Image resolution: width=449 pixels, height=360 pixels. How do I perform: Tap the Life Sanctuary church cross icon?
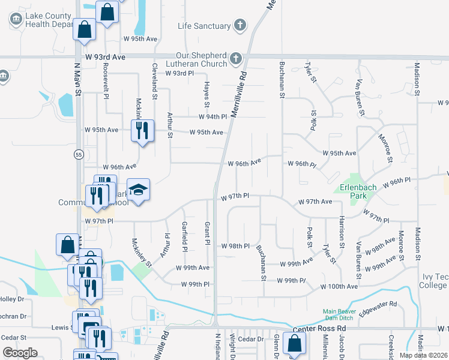240,26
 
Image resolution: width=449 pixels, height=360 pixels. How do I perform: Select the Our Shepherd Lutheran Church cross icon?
236,59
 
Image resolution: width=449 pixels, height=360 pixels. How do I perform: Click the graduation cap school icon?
138,190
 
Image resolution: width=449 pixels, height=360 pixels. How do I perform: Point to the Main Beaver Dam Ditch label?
339,314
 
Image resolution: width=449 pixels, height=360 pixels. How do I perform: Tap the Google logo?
20,353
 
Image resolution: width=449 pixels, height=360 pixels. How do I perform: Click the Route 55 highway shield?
79,155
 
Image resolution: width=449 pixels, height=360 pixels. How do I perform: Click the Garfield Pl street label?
184,236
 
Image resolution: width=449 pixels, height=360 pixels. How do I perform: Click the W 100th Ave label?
339,287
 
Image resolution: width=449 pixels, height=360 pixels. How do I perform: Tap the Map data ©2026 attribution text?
423,355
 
